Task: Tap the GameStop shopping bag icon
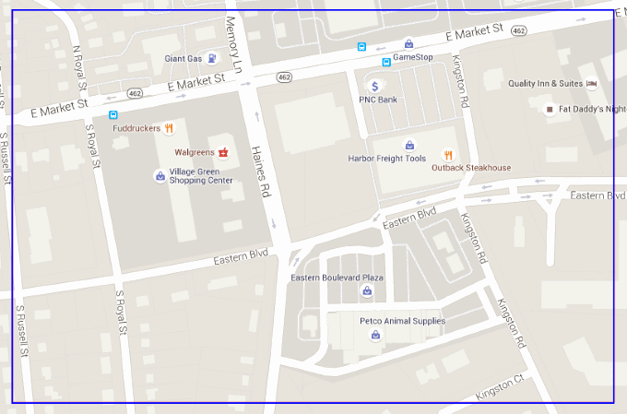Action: coord(408,42)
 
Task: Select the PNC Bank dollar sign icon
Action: coord(377,86)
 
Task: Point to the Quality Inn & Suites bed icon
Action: coord(592,83)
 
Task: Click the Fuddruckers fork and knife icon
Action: coord(170,128)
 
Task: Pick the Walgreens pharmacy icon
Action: coord(223,150)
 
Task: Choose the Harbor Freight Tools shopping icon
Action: coord(409,145)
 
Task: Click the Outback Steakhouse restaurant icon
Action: coord(448,155)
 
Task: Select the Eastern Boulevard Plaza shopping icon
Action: coord(367,291)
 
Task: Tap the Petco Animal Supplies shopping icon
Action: coord(375,335)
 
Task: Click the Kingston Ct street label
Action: coord(499,388)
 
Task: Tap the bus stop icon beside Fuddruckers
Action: coord(112,116)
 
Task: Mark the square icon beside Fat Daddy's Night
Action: coord(550,109)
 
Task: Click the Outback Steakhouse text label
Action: coord(470,168)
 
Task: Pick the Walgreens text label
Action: coord(195,151)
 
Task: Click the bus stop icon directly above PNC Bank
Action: coord(386,63)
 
